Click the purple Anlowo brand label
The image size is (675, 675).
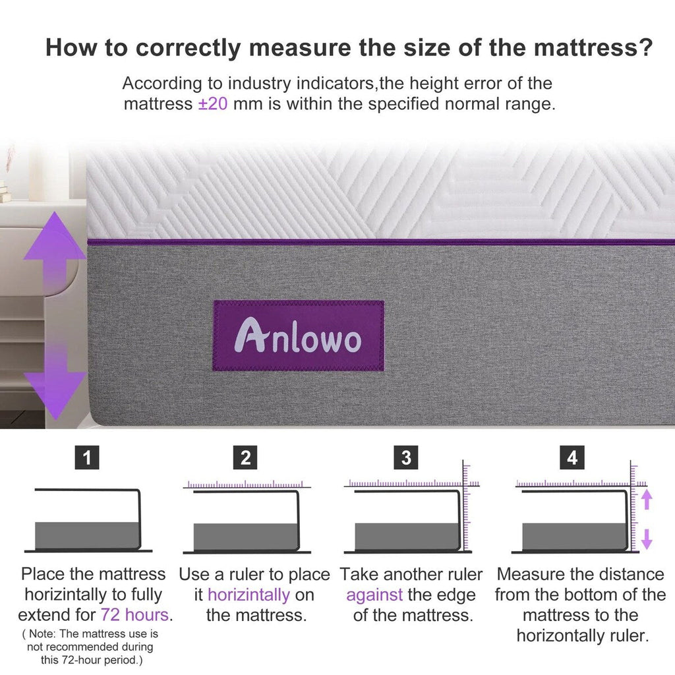298,336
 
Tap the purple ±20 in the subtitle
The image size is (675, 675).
213,104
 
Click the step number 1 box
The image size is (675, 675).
88,457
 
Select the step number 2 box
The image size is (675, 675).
246,457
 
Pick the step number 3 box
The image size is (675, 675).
406,457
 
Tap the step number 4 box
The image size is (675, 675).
572,457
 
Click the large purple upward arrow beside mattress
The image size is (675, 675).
55,244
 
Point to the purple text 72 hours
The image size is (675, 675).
135,615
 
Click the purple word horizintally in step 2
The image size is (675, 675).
249,595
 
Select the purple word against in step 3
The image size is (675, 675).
374,595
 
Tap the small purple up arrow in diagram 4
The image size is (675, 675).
647,499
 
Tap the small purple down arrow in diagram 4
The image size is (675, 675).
647,539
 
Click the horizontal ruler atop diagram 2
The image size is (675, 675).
245,484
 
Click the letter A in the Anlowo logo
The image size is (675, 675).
247,336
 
